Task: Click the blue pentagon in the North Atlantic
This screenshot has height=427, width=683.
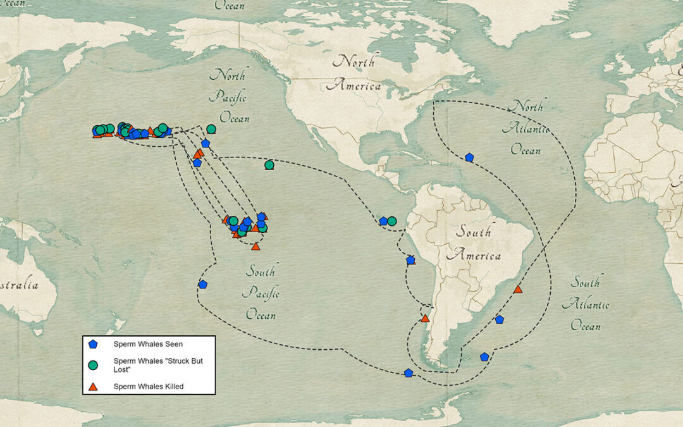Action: [469, 157]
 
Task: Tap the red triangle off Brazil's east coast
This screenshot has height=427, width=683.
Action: [518, 289]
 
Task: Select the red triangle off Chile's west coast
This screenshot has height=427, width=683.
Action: [425, 318]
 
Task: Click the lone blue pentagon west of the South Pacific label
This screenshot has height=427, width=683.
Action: [202, 285]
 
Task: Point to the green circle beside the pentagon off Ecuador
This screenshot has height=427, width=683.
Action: [392, 221]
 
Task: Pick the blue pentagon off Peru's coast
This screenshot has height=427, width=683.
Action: [410, 260]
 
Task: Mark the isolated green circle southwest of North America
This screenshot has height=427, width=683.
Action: [269, 165]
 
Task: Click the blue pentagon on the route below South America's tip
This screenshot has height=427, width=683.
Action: [409, 373]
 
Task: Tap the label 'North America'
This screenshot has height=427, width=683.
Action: [358, 73]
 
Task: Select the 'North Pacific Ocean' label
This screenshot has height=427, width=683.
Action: [230, 96]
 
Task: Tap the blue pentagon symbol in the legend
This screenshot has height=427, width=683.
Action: [94, 344]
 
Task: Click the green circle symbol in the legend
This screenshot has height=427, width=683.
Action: [94, 364]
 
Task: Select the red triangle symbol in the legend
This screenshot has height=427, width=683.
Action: [94, 386]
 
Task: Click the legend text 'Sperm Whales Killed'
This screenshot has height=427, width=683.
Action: [149, 386]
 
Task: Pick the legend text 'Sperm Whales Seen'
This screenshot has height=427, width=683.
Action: [148, 344]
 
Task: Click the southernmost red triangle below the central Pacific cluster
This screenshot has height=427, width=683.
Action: [255, 246]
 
